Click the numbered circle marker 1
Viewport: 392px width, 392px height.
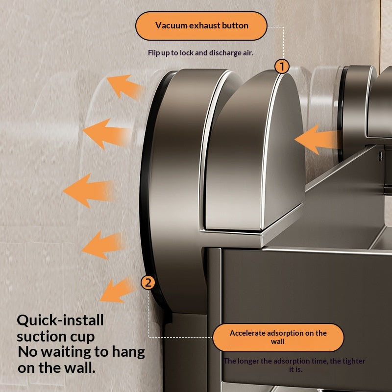pyautogui.click(x=282, y=66)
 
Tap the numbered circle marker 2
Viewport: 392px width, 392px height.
pyautogui.click(x=148, y=283)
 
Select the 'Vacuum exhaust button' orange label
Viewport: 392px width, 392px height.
pyautogui.click(x=201, y=26)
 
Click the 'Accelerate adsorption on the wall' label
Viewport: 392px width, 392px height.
pyautogui.click(x=278, y=338)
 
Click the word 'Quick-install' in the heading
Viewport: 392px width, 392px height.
pyautogui.click(x=60, y=320)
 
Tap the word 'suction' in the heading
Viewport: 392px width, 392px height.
pyautogui.click(x=42, y=336)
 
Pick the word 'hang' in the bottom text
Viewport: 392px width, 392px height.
pyautogui.click(x=128, y=353)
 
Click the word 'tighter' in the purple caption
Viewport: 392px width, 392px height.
pyautogui.click(x=355, y=361)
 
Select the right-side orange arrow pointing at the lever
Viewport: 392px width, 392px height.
pyautogui.click(x=318, y=140)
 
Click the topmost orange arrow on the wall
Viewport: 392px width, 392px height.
pyautogui.click(x=124, y=86)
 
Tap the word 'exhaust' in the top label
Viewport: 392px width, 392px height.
pyautogui.click(x=204, y=25)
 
